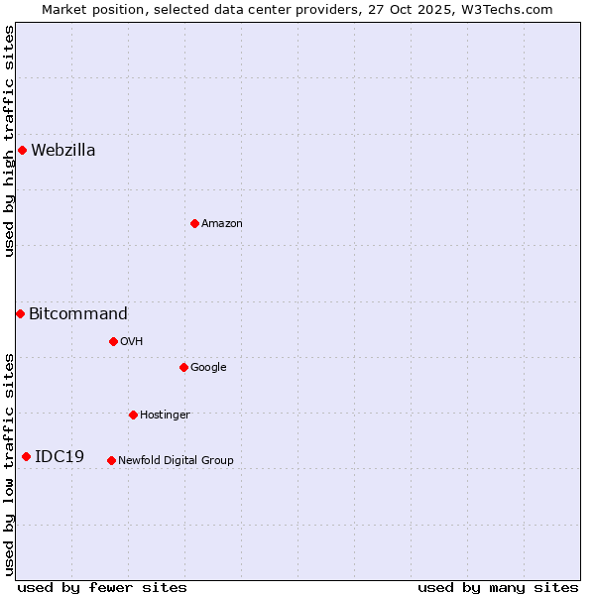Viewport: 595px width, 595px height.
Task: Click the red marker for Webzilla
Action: point(22,151)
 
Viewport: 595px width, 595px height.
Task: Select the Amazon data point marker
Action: point(194,224)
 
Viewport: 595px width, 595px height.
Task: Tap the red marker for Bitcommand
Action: point(20,314)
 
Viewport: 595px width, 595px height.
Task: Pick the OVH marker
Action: point(113,342)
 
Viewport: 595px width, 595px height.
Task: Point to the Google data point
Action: point(183,368)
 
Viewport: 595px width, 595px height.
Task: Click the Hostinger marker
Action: point(133,416)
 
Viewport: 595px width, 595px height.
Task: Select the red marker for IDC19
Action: point(26,457)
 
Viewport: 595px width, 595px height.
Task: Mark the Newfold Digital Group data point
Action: point(111,461)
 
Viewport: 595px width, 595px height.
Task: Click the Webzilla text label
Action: point(63,151)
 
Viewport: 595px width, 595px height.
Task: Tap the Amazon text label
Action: point(222,224)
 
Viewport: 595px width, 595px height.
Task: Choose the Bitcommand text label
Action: point(78,314)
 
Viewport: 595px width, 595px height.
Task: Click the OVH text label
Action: point(132,342)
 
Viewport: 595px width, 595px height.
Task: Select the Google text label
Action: point(208,368)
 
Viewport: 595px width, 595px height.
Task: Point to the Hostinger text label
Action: point(165,416)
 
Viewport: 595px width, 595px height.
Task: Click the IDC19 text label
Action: point(59,457)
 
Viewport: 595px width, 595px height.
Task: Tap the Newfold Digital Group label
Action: point(176,461)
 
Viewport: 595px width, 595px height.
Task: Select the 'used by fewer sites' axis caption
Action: point(102,587)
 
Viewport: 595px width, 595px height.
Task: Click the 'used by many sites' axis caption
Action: point(498,587)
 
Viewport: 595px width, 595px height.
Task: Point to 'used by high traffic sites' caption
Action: point(9,141)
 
